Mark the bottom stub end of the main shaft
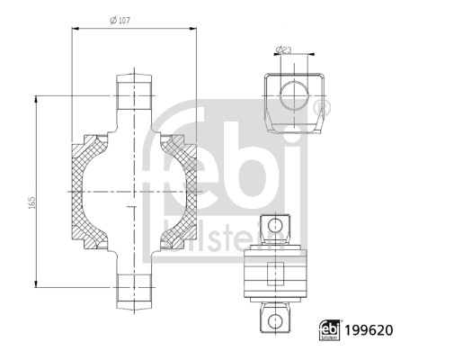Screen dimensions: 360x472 134,290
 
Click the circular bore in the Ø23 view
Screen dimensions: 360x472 292,94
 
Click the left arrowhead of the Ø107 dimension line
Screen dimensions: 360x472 75,30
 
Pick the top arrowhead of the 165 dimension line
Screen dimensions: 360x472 36,96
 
